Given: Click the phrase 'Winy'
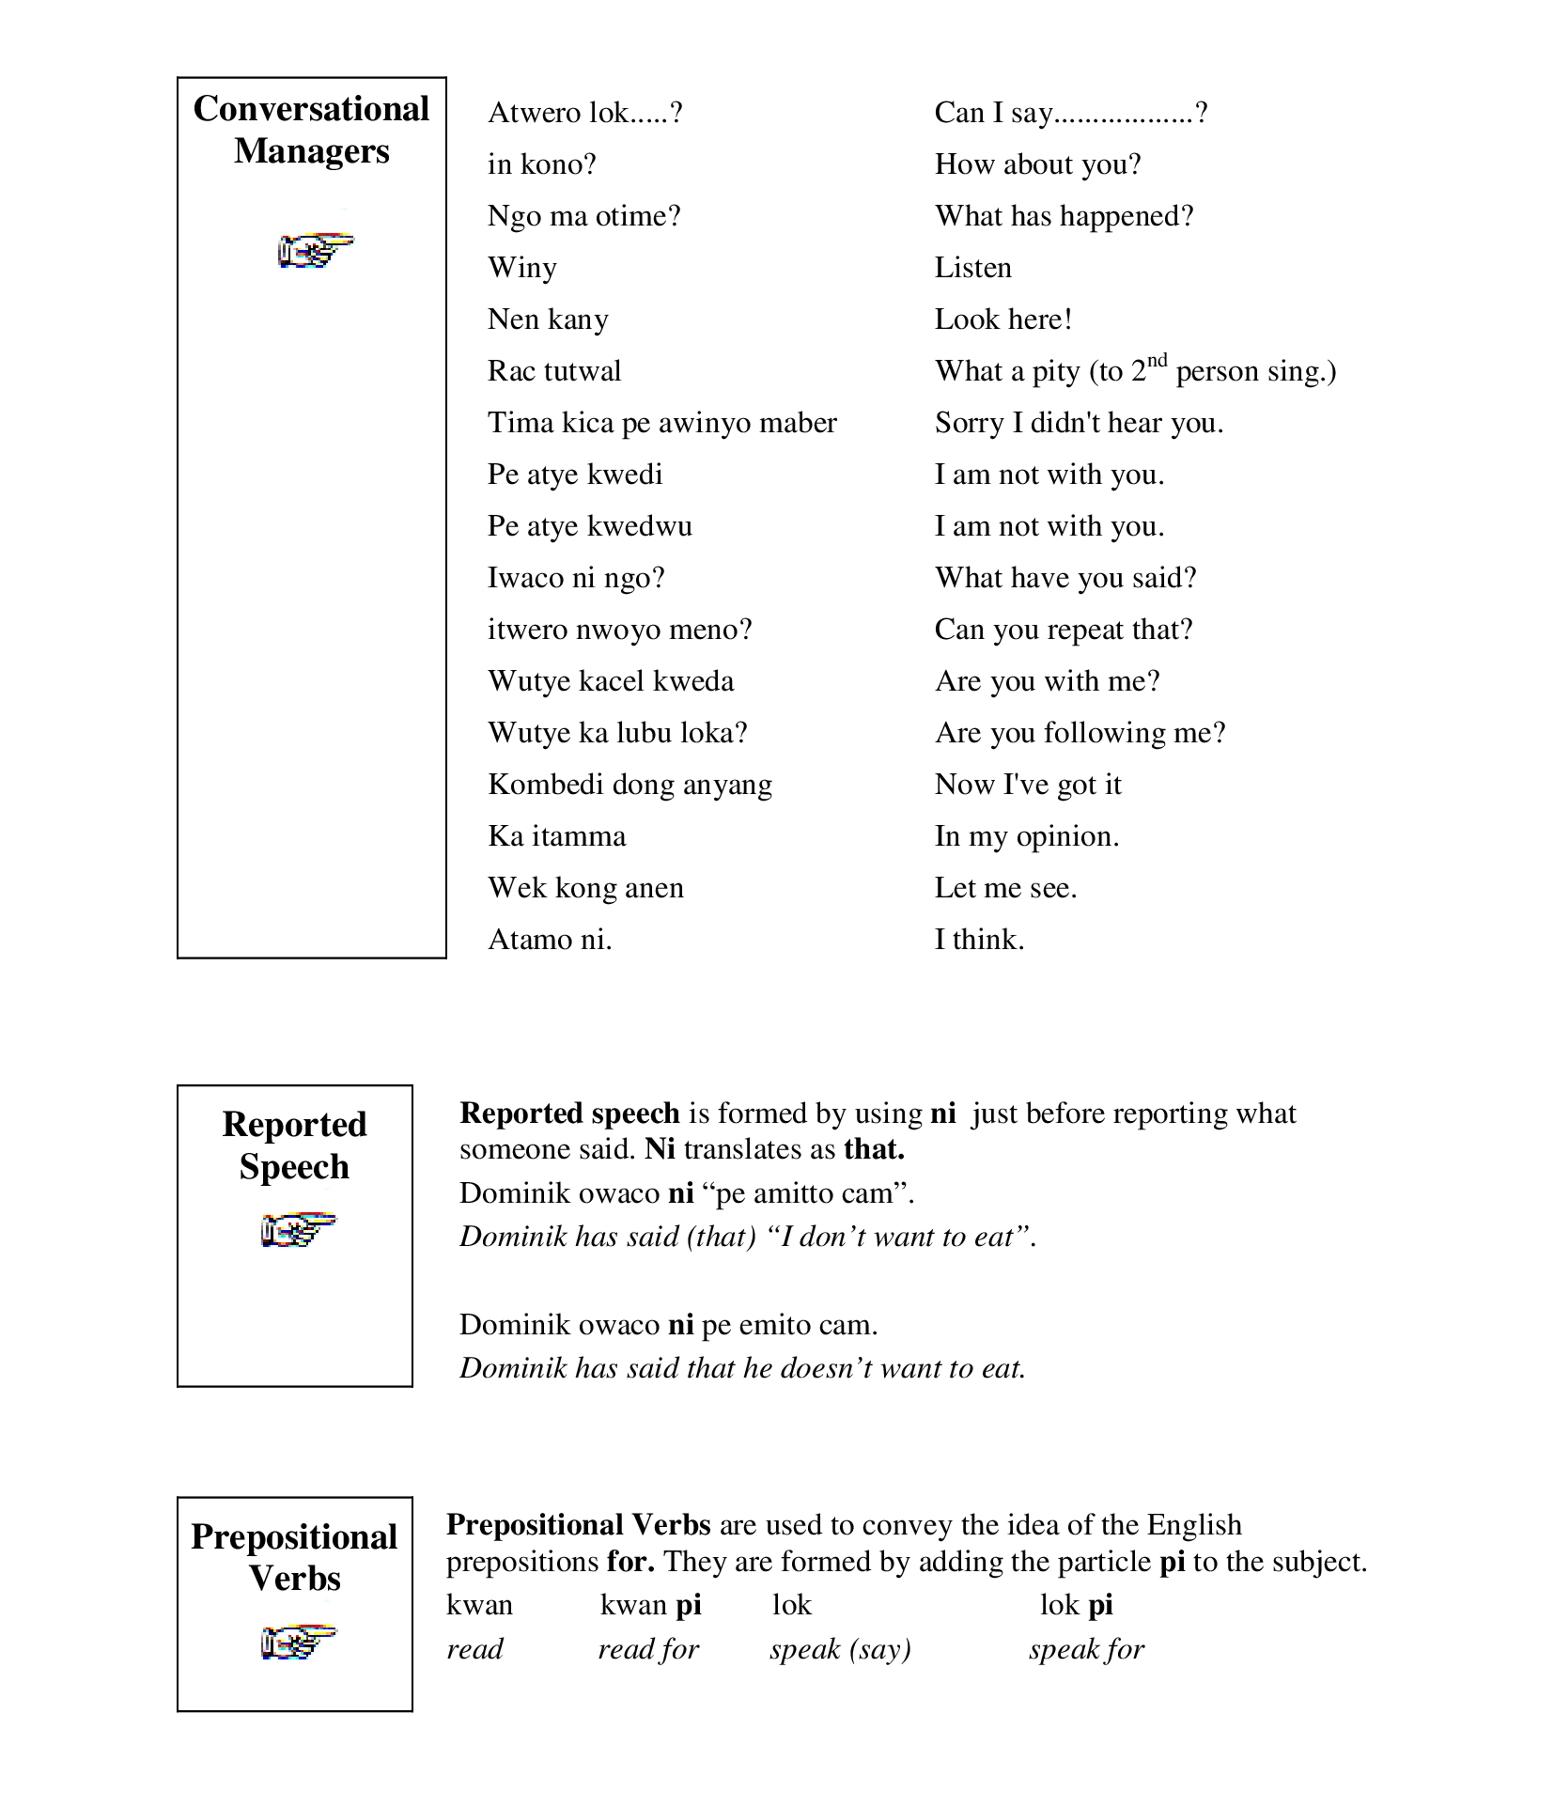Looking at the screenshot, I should coord(521,269).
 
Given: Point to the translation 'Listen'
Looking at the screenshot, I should coord(972,268).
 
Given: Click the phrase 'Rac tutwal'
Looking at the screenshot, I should coord(553,371).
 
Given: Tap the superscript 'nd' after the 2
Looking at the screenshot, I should coord(1158,361).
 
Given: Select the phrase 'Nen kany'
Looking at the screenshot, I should coord(547,320).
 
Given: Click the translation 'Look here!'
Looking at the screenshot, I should coord(1002,319).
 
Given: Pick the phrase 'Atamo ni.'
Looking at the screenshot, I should coord(549,940).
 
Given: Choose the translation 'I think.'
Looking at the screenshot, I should coord(978,940).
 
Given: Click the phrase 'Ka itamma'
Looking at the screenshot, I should coord(556,836).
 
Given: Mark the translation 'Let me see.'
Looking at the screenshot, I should coord(1004,888).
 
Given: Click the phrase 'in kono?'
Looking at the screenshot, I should coord(541,164).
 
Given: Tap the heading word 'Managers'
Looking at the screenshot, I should coord(311,151).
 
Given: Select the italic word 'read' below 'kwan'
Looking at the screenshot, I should coord(474,1649).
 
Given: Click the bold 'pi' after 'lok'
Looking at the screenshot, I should coord(1100,1606).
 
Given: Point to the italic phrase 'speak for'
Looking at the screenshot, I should coord(1085,1649).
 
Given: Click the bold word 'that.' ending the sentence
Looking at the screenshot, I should coord(874,1149).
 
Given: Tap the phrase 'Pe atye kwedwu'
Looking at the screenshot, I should coord(589,526).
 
